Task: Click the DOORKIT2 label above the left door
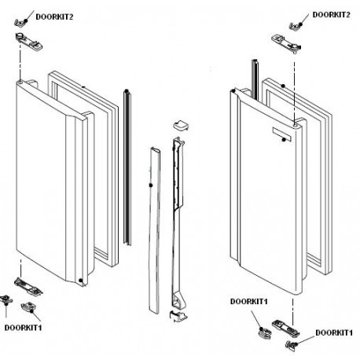(54, 17)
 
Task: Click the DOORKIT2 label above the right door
(331, 15)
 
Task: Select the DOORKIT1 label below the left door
(24, 328)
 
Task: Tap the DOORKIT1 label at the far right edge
(334, 332)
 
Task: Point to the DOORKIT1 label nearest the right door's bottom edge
(249, 302)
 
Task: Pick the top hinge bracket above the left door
(29, 41)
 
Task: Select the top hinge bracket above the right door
(286, 43)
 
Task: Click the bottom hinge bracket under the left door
(28, 286)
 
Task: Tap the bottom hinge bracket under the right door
(285, 328)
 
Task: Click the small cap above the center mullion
(181, 125)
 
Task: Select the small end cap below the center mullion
(178, 315)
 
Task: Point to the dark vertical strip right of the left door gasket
(127, 167)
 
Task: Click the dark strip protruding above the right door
(255, 80)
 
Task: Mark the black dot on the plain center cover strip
(151, 186)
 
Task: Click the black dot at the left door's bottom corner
(81, 281)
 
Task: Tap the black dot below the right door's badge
(284, 140)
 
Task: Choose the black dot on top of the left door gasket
(83, 86)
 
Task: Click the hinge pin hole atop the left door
(20, 83)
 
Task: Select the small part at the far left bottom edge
(6, 299)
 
